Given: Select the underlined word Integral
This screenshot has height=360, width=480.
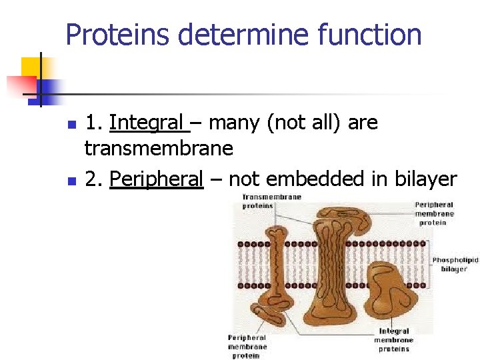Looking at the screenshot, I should point(146,123).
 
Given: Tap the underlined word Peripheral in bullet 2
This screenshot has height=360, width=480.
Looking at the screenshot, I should point(156,179).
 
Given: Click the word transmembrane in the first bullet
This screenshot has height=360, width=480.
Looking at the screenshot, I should point(159,148).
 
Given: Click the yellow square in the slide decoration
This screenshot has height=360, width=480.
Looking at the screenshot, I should point(32,67).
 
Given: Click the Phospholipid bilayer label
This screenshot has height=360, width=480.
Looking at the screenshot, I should point(455,264).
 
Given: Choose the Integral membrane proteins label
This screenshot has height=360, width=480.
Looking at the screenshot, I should point(393,339).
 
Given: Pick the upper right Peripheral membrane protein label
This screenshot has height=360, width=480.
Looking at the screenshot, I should point(434,214).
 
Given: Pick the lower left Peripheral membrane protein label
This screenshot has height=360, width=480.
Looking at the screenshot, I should point(247,346).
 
